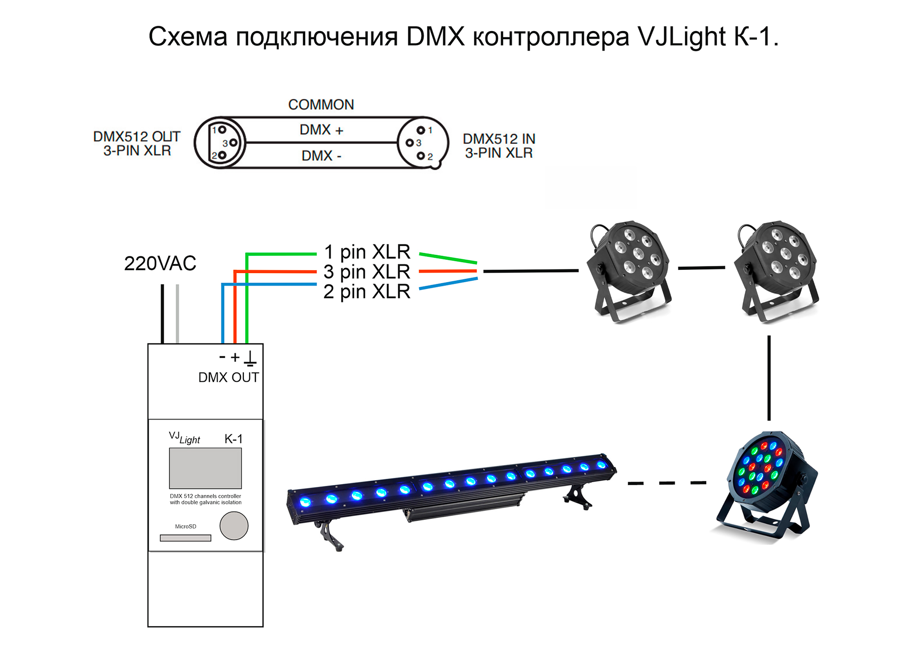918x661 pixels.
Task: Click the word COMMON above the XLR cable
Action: pos(321,105)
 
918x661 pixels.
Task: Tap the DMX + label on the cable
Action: pos(321,130)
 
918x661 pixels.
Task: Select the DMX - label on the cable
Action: pos(321,155)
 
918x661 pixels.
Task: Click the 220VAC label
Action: pos(160,264)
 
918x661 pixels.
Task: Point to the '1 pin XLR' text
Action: pos(367,252)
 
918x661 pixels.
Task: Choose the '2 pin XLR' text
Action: pos(367,291)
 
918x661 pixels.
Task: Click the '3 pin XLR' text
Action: pos(367,272)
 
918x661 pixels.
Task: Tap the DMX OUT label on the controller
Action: pos(229,377)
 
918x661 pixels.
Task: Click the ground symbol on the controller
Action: pos(250,358)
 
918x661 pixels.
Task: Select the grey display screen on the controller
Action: pos(205,468)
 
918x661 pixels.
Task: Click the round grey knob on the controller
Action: pos(234,526)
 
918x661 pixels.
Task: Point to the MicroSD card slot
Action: pos(186,538)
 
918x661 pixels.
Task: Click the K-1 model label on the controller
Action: pos(233,439)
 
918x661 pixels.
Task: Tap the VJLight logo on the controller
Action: pos(185,438)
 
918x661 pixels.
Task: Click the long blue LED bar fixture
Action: pos(449,493)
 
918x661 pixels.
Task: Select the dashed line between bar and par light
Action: pos(667,483)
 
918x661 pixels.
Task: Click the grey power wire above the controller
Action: pos(177,313)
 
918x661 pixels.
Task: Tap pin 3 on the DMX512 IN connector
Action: pos(409,143)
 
